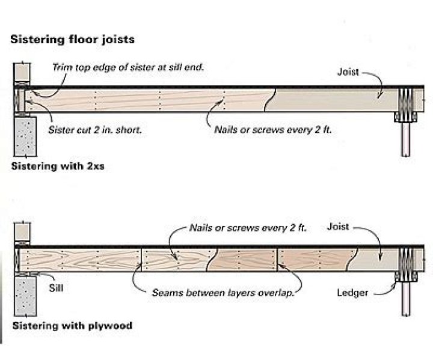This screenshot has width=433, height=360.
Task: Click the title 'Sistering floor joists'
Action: tap(72, 40)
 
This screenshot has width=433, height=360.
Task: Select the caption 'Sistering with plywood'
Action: tap(72, 326)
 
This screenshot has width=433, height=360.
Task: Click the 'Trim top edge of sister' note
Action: tap(127, 68)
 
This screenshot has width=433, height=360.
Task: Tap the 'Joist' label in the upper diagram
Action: tap(348, 72)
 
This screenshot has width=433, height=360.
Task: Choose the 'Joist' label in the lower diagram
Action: tap(338, 228)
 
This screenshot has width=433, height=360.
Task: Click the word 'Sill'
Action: tap(56, 287)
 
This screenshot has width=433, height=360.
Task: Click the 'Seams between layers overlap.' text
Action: tap(226, 293)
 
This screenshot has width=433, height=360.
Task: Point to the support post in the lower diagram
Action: tap(406, 301)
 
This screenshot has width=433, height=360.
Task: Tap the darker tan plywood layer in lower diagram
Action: tap(247, 260)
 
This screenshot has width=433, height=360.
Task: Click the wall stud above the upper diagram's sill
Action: tap(22, 72)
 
